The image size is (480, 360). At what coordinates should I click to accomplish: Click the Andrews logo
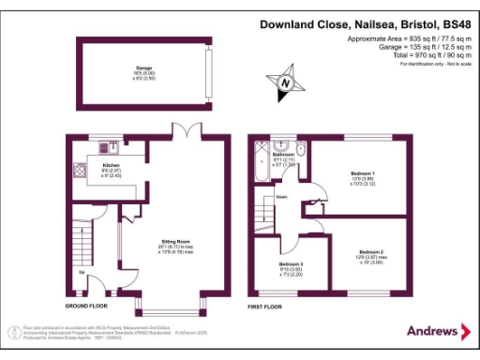click(x=438, y=331)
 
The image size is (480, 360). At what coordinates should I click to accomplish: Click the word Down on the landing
click(x=280, y=197)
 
